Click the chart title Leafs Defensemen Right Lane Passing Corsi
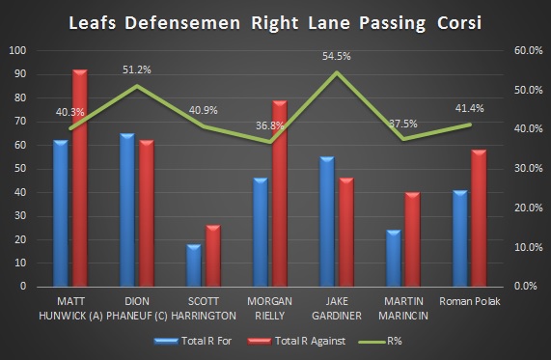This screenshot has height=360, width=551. pyautogui.click(x=275, y=20)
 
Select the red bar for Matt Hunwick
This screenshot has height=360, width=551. pyautogui.click(x=79, y=179)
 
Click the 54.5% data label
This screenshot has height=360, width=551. pyautogui.click(x=336, y=57)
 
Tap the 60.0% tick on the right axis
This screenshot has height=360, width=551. pyautogui.click(x=527, y=50)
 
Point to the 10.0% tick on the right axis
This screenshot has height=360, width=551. pyautogui.click(x=527, y=247)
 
